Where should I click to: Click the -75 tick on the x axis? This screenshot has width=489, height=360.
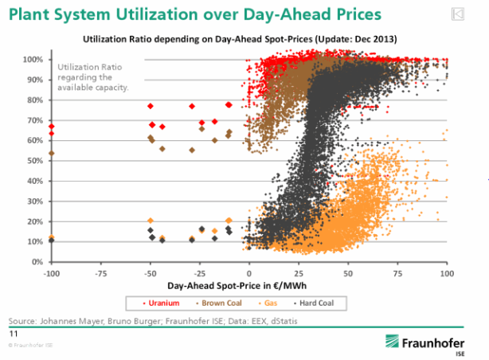100,272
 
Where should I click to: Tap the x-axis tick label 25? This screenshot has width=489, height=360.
299,272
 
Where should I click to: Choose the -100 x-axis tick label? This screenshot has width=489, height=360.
51,272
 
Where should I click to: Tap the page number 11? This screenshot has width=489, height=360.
13,335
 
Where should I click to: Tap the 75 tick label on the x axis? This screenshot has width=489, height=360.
397,272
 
